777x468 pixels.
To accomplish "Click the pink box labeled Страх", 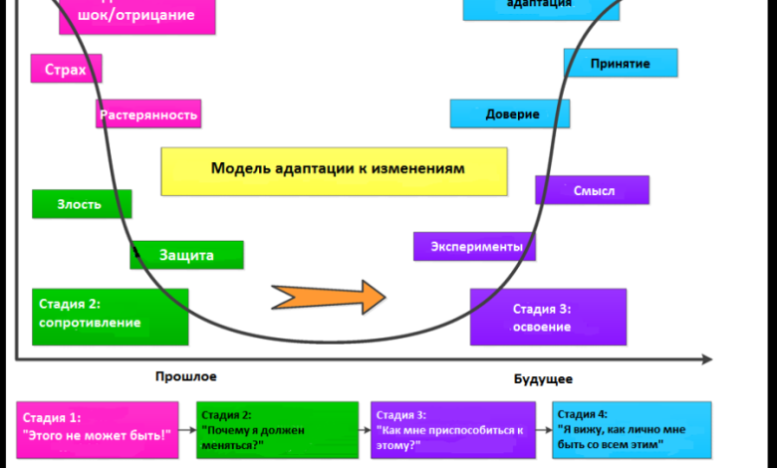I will [x=67, y=69].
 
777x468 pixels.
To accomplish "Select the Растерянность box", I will [x=148, y=115].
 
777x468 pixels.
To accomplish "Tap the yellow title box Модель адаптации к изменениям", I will [x=334, y=170].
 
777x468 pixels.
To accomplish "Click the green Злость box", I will [x=82, y=204].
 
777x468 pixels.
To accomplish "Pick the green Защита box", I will [x=186, y=255].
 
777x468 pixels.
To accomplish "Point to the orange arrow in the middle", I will [x=329, y=297].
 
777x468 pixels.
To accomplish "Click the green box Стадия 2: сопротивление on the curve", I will [x=110, y=316].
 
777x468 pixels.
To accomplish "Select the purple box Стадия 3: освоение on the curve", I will [x=548, y=317].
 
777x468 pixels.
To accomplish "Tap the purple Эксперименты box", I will [x=475, y=246].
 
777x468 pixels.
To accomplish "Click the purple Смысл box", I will [x=593, y=190].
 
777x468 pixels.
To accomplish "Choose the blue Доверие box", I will [x=510, y=114].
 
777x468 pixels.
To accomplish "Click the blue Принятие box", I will [x=621, y=64].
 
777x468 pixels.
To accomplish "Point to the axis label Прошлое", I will [x=185, y=376].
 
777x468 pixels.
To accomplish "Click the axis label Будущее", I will [x=543, y=378].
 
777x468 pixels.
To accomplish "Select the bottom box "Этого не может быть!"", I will [x=97, y=428].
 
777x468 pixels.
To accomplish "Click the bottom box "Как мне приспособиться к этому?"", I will [x=453, y=429].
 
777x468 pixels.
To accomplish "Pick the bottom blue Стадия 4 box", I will [x=632, y=429].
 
